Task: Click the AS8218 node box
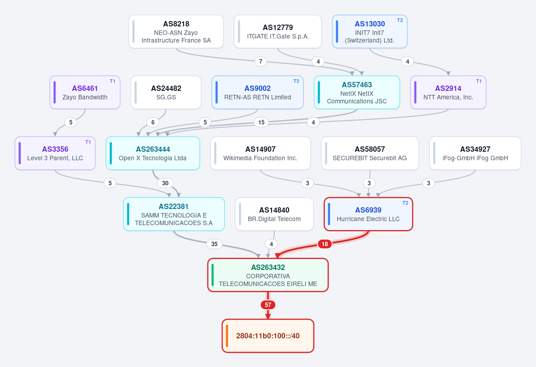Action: coord(176,32)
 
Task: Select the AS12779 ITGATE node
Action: coord(278,32)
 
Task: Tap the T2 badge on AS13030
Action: coord(400,21)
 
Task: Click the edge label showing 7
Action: coord(260,61)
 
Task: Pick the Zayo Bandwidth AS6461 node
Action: coord(85,93)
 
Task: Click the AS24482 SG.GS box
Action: coord(166,93)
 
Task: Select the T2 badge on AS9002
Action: coord(296,81)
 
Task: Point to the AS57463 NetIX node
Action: coord(357,93)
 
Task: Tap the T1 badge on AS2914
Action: coord(479,81)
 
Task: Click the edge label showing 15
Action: coord(261,122)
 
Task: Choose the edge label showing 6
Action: coord(153,122)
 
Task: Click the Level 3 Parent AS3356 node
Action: coord(55,154)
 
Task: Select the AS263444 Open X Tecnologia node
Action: coord(153,154)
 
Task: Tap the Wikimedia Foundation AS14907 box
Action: coord(260,154)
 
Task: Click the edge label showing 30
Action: coord(165,183)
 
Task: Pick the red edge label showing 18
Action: coord(325,244)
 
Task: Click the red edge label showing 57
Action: coord(268,305)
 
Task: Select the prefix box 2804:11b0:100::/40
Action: coord(268,336)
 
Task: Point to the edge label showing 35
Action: coord(214,244)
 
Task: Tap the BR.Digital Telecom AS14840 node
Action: coord(274,214)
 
